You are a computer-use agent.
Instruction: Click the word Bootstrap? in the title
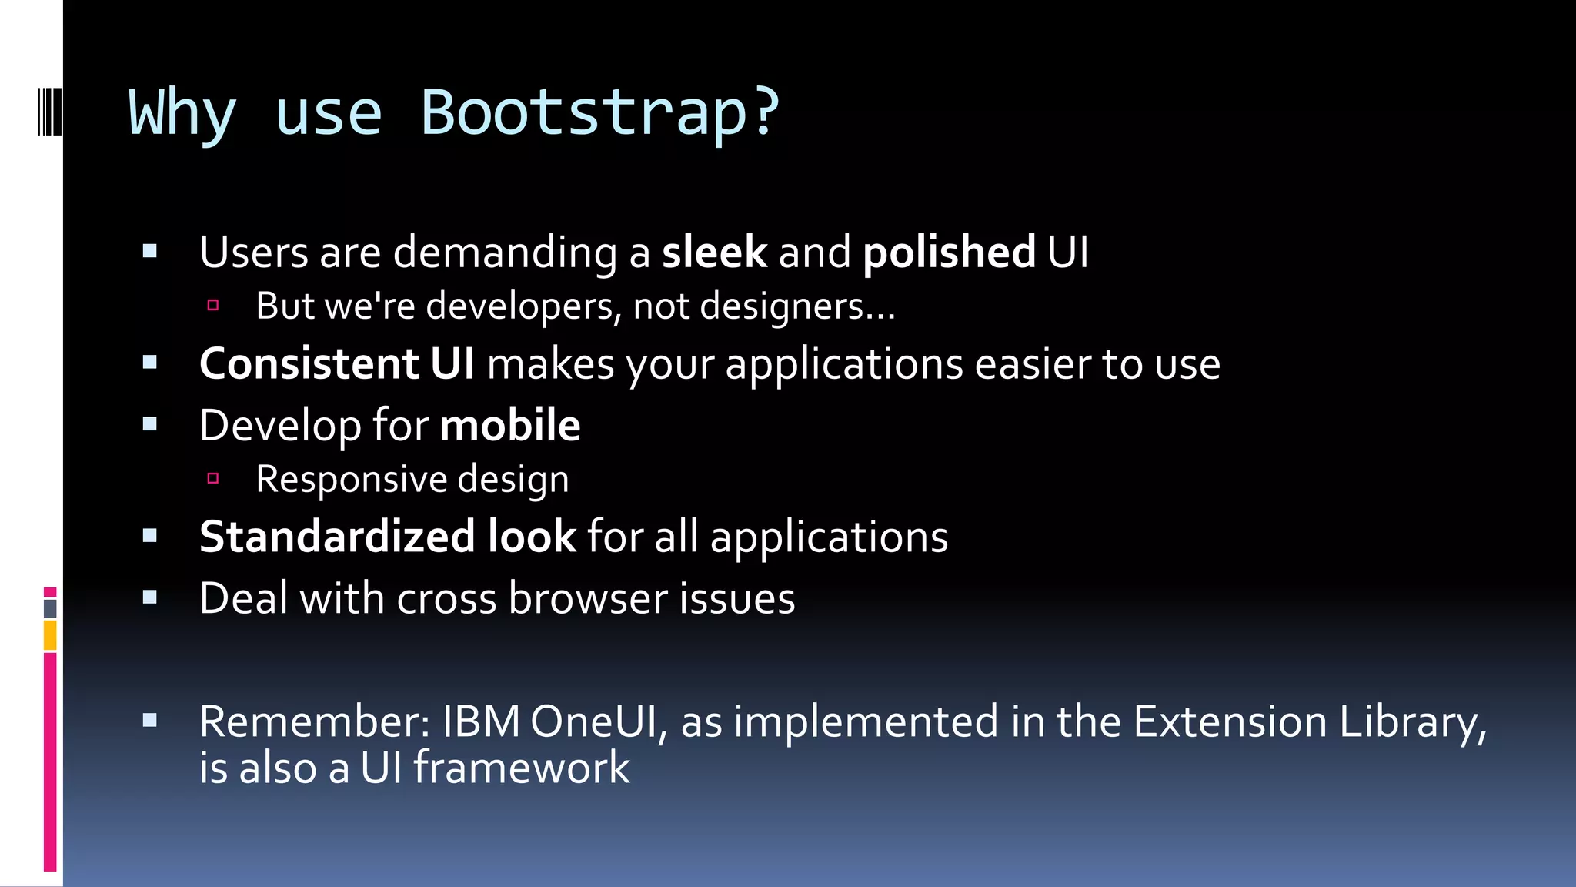tap(600, 113)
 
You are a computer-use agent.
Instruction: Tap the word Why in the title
tap(182, 113)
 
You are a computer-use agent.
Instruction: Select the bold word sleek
tap(714, 253)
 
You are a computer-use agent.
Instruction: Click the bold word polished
tap(949, 253)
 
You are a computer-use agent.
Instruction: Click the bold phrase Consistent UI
tap(337, 363)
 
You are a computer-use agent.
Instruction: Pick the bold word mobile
tap(510, 425)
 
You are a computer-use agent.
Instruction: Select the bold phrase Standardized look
tap(387, 537)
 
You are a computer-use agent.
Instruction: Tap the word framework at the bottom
tap(522, 768)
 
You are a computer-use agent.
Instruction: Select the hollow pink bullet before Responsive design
tap(213, 479)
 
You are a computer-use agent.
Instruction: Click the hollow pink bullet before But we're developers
tap(213, 306)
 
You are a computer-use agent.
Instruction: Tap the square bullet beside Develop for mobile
tap(150, 424)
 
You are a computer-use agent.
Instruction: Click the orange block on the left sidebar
tap(50, 635)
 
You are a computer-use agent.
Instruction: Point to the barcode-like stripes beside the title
tap(49, 112)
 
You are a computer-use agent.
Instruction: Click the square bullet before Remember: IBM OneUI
tap(150, 721)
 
